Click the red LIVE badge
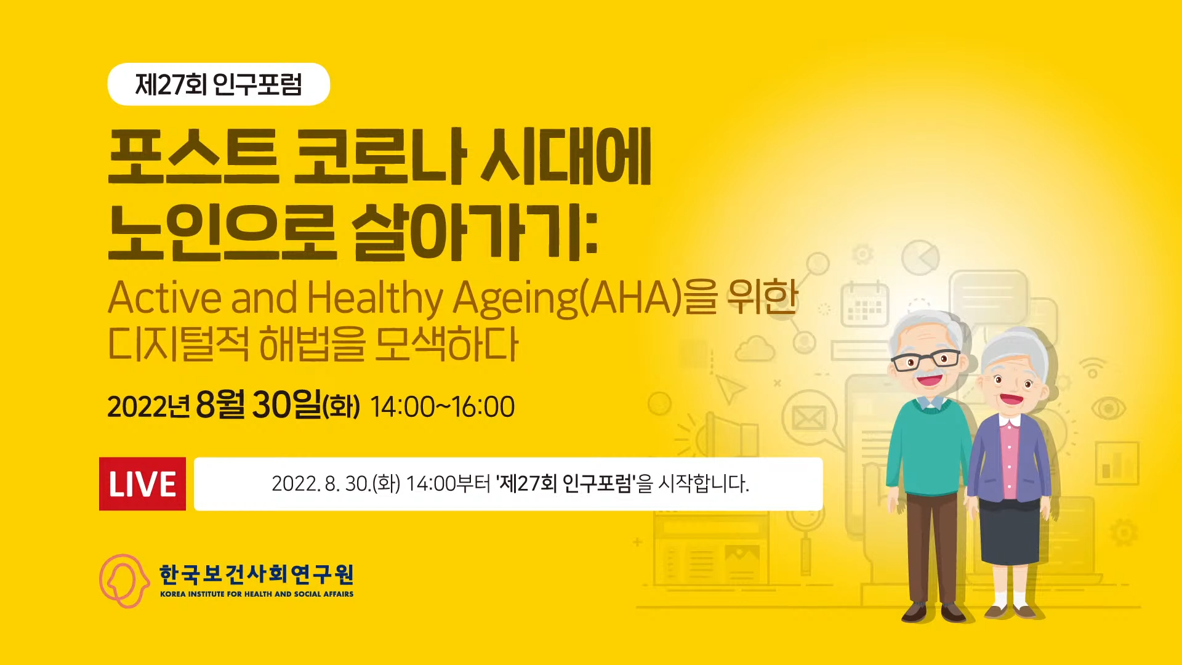[x=142, y=484]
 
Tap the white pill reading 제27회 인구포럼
[x=219, y=84]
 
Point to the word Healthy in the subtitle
[x=374, y=299]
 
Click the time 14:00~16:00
[x=443, y=407]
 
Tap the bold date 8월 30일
[x=258, y=405]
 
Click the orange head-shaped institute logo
[x=124, y=581]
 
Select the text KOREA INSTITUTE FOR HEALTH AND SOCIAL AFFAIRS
[x=257, y=594]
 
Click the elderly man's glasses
[x=926, y=360]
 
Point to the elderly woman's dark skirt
[x=1009, y=533]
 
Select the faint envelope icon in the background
[x=808, y=419]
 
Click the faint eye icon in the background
[x=1108, y=408]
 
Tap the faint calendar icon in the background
[x=865, y=304]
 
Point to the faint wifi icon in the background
[x=1093, y=368]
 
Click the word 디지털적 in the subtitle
[x=179, y=344]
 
